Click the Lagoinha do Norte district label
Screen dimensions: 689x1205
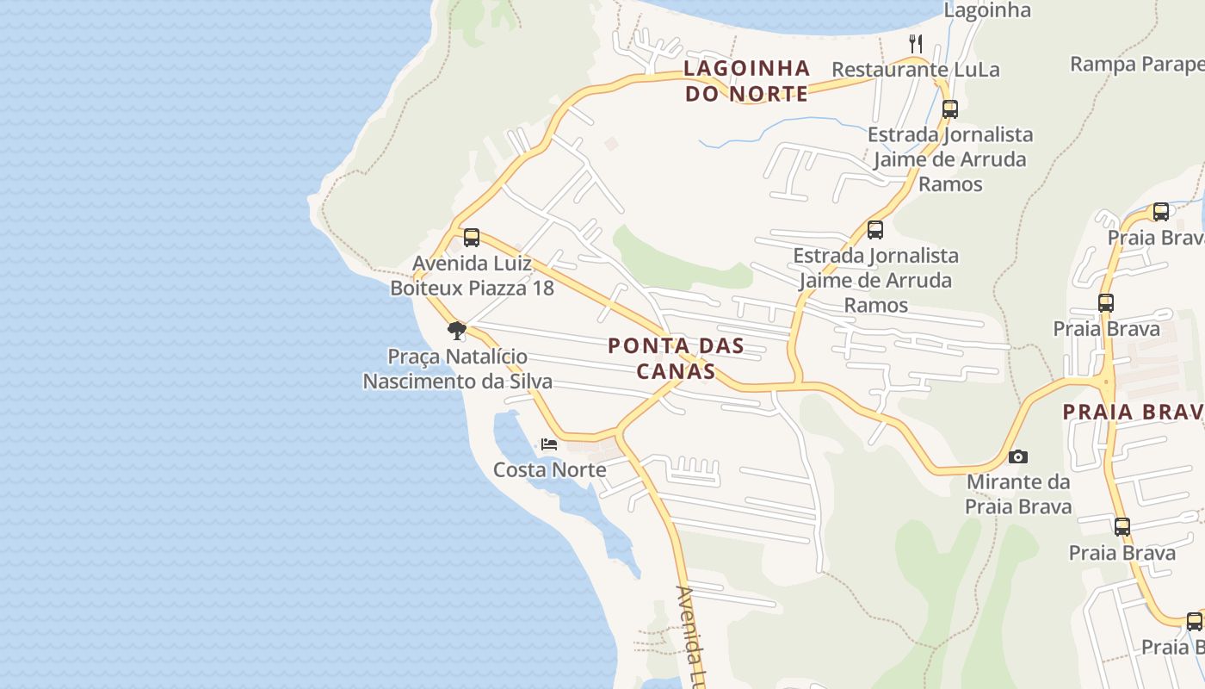[746, 80]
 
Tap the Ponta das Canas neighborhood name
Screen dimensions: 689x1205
[676, 358]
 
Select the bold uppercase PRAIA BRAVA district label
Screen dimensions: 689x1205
[1133, 412]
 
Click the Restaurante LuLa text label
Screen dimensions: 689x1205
[916, 70]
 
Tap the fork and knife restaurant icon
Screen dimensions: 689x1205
[916, 42]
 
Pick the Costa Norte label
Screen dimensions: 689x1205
[549, 469]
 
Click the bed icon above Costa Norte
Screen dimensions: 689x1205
[549, 444]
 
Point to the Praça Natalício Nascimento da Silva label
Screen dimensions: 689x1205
[457, 369]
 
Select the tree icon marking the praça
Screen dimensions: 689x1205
[457, 331]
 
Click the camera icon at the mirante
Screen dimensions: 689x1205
[1018, 456]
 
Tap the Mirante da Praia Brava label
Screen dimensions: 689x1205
[1018, 493]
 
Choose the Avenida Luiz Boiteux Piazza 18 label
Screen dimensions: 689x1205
[472, 276]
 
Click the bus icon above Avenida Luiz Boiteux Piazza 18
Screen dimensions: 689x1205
[472, 238]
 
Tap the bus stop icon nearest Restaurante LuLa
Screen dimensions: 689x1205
[950, 109]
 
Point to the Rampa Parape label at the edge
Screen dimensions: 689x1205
[1136, 64]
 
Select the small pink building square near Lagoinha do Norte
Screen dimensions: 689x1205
[611, 143]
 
